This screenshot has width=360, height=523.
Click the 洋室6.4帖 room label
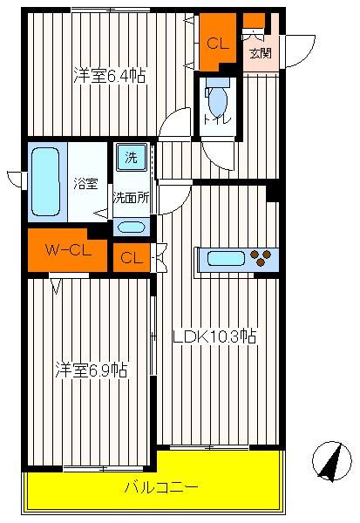(x=110, y=75)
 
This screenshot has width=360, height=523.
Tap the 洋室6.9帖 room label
(x=92, y=370)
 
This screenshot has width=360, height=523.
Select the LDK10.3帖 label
(x=214, y=336)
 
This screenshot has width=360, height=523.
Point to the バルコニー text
(x=161, y=487)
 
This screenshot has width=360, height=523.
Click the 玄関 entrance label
(x=261, y=53)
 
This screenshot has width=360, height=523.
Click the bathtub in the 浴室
(x=45, y=182)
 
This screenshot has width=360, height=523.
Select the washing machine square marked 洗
(x=131, y=157)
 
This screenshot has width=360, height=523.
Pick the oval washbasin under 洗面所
(x=131, y=228)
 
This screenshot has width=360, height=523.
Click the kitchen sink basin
(x=226, y=259)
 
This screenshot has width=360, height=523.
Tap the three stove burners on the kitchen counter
(x=261, y=258)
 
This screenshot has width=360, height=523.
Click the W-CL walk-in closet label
(x=68, y=250)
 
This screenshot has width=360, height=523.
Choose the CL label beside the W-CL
(x=132, y=258)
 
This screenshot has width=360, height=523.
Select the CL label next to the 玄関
(x=218, y=44)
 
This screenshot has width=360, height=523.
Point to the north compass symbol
(x=331, y=461)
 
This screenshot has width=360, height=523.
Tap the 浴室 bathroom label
(x=85, y=184)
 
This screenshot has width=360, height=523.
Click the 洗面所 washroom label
(x=131, y=198)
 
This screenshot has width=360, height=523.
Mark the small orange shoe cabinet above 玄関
(x=254, y=21)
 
